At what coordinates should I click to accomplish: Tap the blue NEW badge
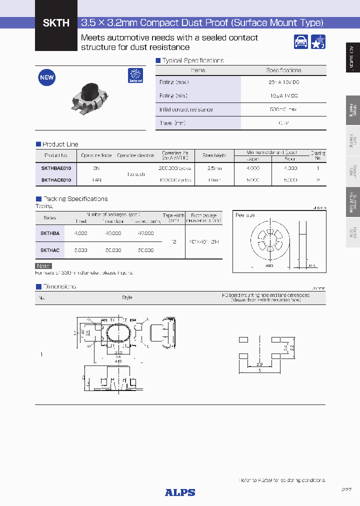coord(47,77)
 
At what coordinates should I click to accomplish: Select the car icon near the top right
coord(301,42)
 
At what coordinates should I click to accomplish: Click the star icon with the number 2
coord(318,42)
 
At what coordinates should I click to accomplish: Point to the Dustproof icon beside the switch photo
coord(135,75)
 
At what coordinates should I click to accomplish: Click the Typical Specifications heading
coord(192,60)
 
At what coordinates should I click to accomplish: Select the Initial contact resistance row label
coord(186,109)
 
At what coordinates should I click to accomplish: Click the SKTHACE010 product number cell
coord(56,179)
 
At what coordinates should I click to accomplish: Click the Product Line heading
coord(60,144)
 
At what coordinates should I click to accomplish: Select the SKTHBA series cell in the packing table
coord(50,233)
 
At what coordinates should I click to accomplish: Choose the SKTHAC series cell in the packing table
coord(50,250)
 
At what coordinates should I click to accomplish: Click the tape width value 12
coord(173,241)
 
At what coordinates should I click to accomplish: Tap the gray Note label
coord(43,266)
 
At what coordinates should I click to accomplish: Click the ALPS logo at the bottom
coord(180,492)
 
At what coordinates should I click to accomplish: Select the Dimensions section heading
coord(59,286)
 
